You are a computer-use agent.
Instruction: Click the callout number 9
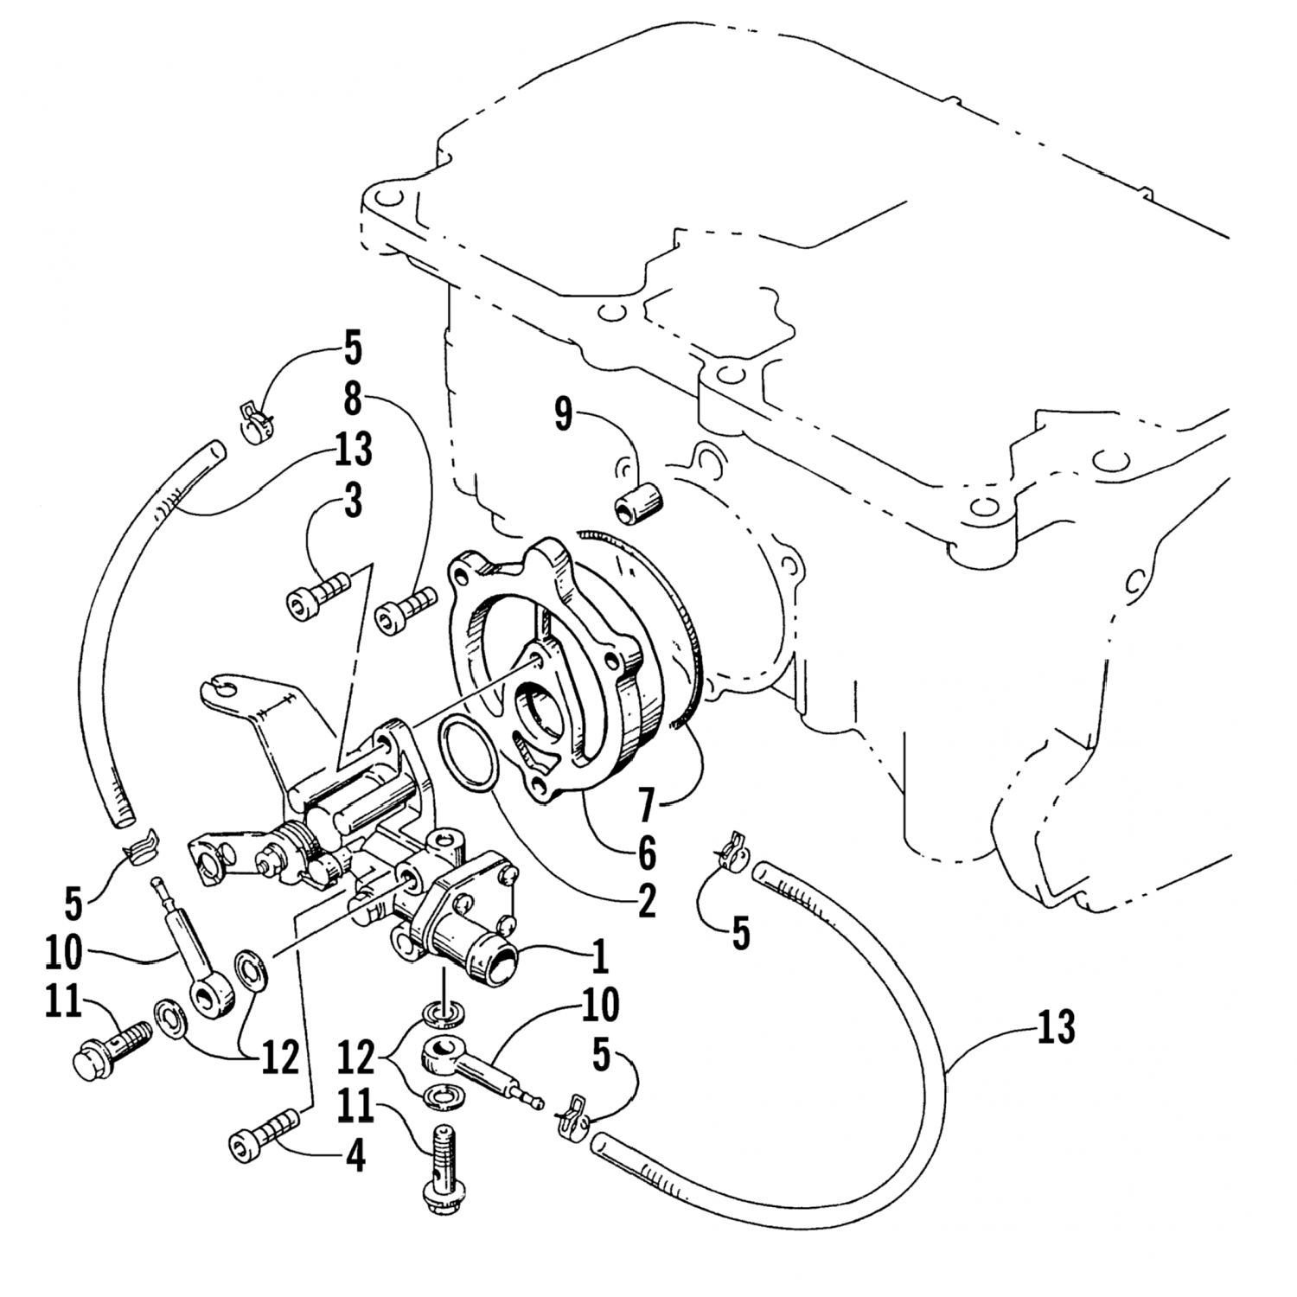564,416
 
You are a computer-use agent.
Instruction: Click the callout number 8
353,400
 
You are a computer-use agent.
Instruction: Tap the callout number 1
597,956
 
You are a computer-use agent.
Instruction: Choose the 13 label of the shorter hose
353,450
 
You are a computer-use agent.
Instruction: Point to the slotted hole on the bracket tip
220,688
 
